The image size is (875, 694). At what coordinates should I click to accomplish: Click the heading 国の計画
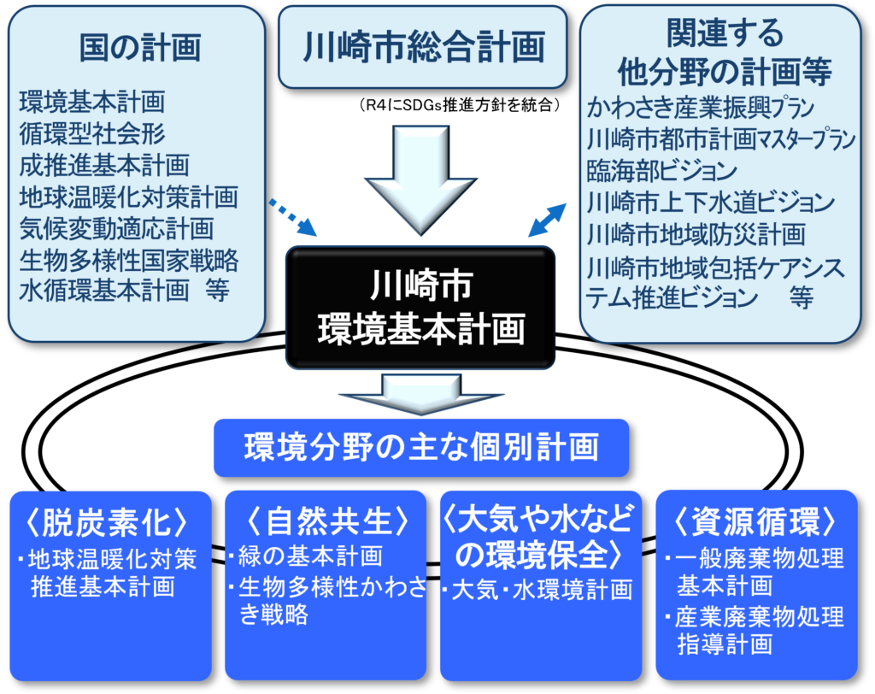click(x=139, y=48)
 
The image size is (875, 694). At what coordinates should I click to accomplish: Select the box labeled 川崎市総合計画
click(x=423, y=47)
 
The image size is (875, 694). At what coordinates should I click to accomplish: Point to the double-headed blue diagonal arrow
click(x=547, y=220)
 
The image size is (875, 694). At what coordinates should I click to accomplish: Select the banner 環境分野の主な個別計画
click(x=420, y=447)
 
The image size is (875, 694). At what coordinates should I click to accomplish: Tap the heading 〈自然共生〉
click(x=325, y=521)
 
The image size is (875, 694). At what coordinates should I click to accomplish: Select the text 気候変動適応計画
click(x=116, y=228)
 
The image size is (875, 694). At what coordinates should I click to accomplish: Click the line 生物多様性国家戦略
click(x=128, y=259)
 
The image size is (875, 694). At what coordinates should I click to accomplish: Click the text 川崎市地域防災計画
click(x=696, y=233)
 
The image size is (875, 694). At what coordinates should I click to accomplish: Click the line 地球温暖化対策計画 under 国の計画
click(x=128, y=197)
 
